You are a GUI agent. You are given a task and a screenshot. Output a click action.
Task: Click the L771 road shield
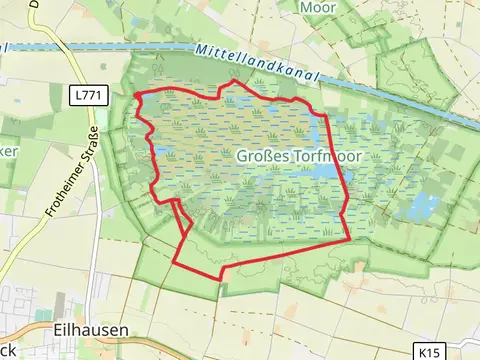click(x=86, y=95)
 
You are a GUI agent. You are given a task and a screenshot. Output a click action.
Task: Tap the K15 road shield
click(x=430, y=352)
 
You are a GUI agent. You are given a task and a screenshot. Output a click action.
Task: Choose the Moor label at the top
click(x=319, y=7)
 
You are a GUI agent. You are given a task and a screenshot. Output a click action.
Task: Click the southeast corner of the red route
click(x=349, y=239)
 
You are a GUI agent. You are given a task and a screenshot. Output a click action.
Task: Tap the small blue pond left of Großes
click(x=161, y=152)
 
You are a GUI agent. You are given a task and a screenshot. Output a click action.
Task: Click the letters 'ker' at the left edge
click(x=9, y=151)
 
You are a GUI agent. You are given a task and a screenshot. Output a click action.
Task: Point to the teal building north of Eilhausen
click(x=62, y=300)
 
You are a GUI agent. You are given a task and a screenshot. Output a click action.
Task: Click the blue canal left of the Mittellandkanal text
click(x=100, y=47)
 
